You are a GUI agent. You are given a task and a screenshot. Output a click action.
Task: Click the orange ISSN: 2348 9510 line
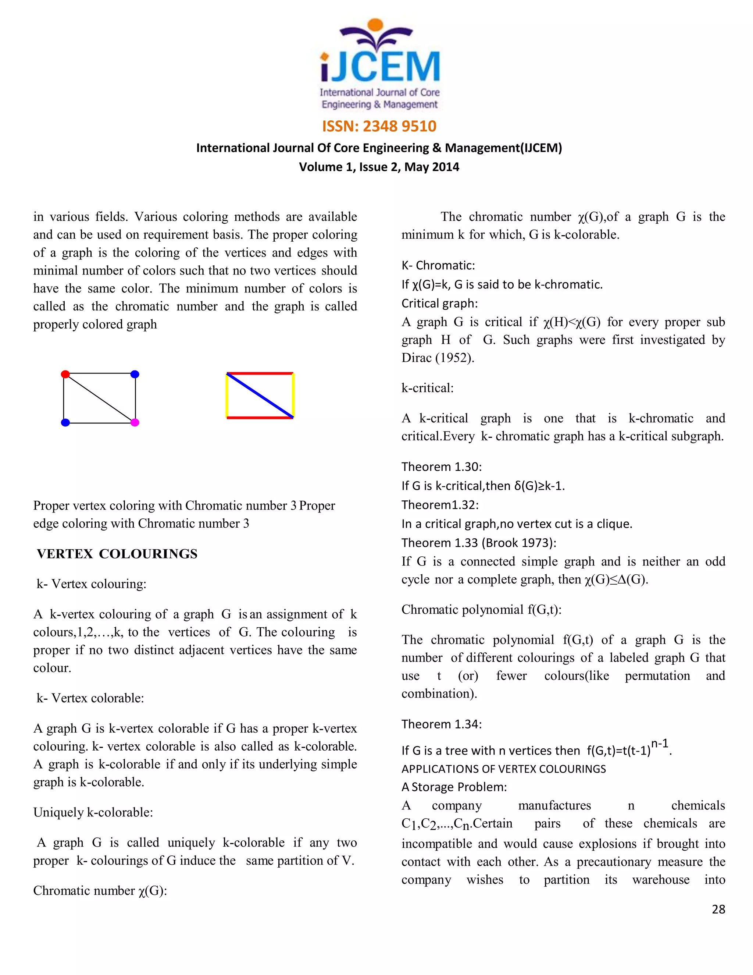point(379,126)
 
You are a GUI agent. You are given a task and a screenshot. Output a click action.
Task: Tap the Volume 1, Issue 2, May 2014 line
point(379,167)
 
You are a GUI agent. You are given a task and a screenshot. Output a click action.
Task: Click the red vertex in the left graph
point(65,374)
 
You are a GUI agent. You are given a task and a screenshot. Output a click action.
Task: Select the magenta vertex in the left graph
point(135,422)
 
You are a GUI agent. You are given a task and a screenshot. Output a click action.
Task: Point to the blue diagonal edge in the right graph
point(260,396)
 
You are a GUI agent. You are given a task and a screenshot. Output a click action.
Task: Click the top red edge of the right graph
point(260,373)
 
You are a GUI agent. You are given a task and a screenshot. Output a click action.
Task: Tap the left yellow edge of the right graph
point(227,396)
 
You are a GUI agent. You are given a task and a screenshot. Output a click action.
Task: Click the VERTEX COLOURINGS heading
point(117,554)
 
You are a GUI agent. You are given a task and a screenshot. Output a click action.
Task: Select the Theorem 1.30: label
point(442,467)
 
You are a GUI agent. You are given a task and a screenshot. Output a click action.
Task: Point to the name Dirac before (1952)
point(416,358)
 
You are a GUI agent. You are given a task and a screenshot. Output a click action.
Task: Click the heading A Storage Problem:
point(454,787)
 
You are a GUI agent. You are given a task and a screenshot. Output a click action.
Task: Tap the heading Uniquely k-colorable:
point(93,812)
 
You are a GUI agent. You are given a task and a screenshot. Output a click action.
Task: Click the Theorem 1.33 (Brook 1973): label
point(479,543)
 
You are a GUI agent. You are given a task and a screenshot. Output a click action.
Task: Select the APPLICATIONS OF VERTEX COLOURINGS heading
point(504,769)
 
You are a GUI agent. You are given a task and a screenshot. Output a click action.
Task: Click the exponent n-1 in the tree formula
point(660,744)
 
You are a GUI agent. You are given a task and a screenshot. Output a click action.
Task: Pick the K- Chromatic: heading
point(438,266)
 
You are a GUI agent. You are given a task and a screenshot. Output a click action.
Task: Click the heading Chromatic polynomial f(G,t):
point(481,610)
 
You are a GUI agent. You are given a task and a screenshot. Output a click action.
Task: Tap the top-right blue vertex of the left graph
point(135,374)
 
